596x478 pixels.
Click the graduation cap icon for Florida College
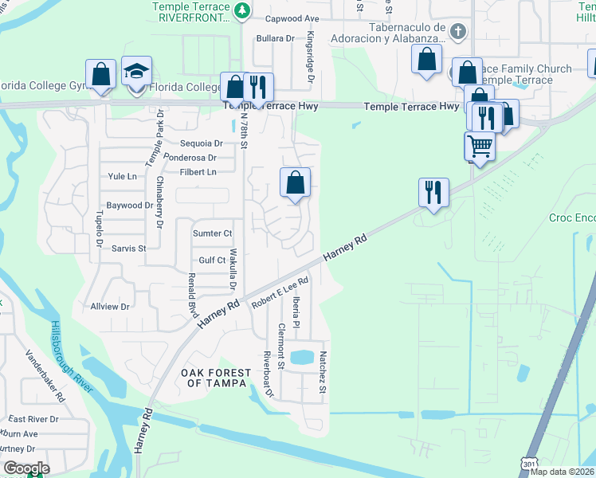point(137,72)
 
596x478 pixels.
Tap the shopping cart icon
point(479,147)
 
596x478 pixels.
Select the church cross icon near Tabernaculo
point(457,32)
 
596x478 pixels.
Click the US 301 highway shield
point(530,462)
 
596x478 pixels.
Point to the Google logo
point(25,468)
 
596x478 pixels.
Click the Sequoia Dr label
point(201,143)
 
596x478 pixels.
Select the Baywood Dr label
point(129,206)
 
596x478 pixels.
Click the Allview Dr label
point(110,306)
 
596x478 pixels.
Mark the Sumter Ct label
point(212,233)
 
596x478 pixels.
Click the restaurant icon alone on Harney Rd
point(433,192)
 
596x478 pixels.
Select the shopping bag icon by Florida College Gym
point(101,75)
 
